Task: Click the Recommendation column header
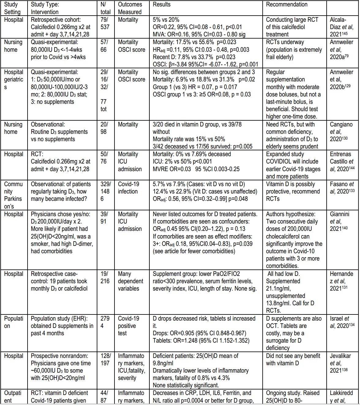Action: coord(287,5)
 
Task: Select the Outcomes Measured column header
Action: coord(130,8)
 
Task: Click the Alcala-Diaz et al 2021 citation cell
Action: coord(341,27)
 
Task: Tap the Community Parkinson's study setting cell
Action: coord(14,195)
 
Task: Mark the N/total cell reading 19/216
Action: coord(105,277)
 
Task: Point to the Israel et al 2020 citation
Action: coord(341,322)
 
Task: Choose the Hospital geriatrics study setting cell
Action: coord(14,79)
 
